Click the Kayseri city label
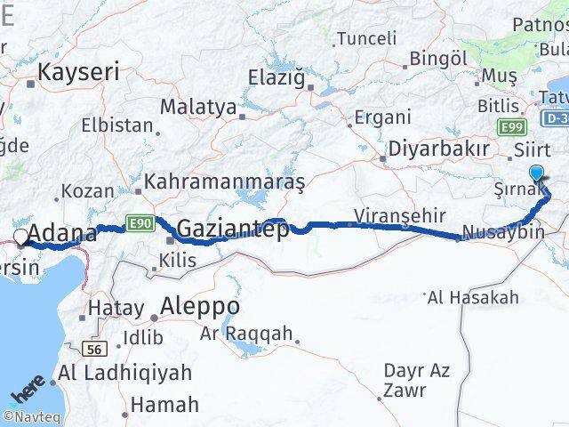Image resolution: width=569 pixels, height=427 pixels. point(77,72)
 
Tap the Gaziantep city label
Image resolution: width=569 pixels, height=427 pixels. point(232,230)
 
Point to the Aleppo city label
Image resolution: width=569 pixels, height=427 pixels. point(199,307)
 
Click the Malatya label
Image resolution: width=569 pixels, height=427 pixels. point(197,108)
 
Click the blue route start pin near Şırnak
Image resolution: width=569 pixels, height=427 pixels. point(537,173)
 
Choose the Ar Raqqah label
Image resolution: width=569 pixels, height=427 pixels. point(246,334)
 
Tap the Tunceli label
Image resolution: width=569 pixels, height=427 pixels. point(366,38)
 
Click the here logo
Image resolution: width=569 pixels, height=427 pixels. point(28,391)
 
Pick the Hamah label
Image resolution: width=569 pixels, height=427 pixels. point(164,405)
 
